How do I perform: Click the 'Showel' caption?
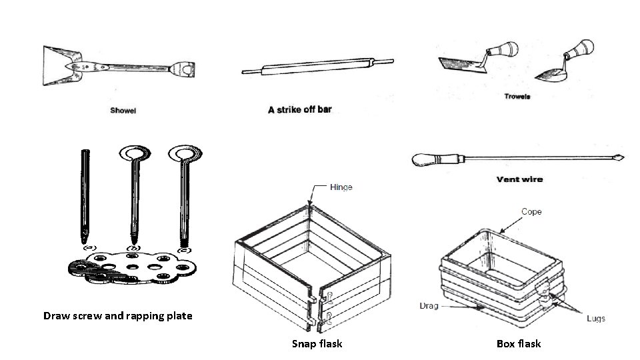pos(123,111)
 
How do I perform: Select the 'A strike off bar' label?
pos(299,109)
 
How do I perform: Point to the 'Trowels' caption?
pos(517,97)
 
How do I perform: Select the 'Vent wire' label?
pos(520,179)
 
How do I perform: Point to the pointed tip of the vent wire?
pos(618,158)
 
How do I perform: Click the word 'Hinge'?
pos(341,187)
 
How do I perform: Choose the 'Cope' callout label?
pos(531,212)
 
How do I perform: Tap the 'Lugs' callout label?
pos(595,319)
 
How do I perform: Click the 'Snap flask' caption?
pos(317,344)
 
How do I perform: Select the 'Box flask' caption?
pos(519,344)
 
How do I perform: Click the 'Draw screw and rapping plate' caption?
pos(117,315)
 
